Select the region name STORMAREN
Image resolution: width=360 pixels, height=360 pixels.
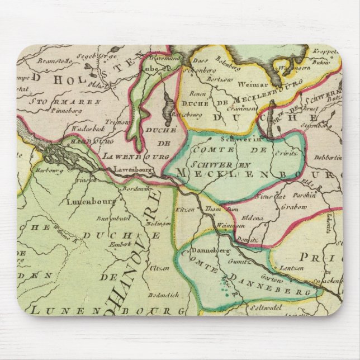click(67, 102)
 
